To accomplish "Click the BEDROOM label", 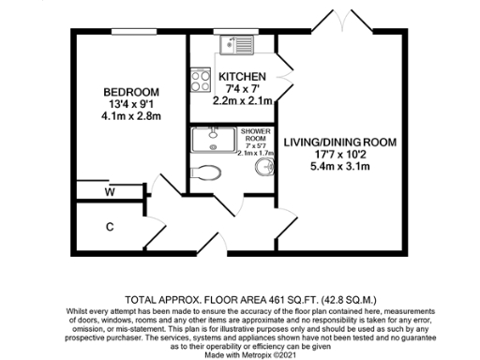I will click(x=130, y=91).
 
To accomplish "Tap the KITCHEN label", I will click(x=242, y=76).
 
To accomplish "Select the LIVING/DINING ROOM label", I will click(x=341, y=142).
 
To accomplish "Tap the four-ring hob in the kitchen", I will click(x=200, y=82).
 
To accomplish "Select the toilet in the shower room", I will click(x=206, y=171).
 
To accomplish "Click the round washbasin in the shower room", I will click(x=265, y=168).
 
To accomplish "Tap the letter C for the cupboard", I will click(x=110, y=227).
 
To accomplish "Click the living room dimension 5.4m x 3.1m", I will click(x=341, y=167).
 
